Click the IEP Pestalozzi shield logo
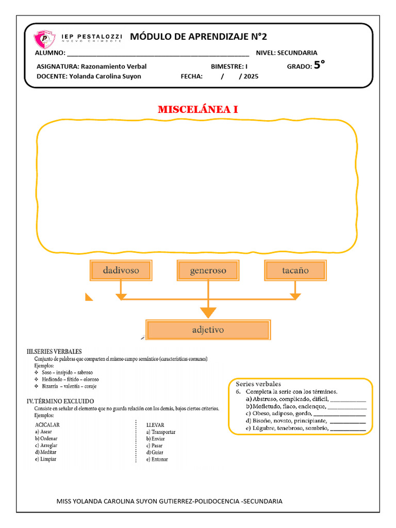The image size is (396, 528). pyautogui.click(x=44, y=39)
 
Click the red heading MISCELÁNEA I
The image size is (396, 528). pyautogui.click(x=197, y=110)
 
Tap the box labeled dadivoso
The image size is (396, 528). pyautogui.click(x=121, y=270)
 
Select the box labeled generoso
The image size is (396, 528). pyautogui.click(x=208, y=270)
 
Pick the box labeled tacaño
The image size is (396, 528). pyautogui.click(x=295, y=270)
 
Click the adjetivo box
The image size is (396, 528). pyautogui.click(x=208, y=330)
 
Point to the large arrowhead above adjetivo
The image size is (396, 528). pyautogui.click(x=208, y=312)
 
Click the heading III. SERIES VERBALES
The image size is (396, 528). pyautogui.click(x=54, y=352)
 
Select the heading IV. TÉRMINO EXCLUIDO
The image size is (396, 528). pyautogui.click(x=60, y=401)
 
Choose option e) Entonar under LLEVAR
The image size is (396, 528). pyautogui.click(x=157, y=459)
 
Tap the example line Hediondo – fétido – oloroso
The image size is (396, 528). pyautogui.click(x=67, y=378)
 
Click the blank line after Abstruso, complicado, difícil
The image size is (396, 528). pyautogui.click(x=348, y=399)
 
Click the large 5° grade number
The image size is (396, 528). pyautogui.click(x=320, y=65)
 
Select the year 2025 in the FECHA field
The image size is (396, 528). pyautogui.click(x=251, y=76)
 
